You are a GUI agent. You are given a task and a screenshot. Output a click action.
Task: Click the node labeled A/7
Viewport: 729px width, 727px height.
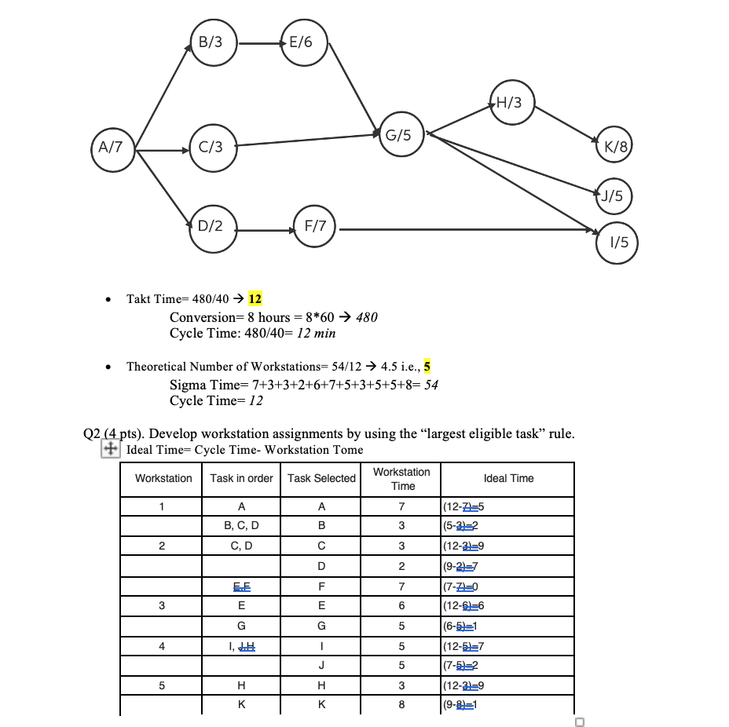pyautogui.click(x=113, y=150)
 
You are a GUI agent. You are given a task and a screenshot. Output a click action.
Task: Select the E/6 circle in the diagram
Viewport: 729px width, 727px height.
pyautogui.click(x=305, y=42)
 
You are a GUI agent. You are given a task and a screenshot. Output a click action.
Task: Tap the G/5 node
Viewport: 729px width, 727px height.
pyautogui.click(x=402, y=134)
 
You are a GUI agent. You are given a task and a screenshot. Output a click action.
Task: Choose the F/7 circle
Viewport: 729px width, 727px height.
pyautogui.click(x=315, y=226)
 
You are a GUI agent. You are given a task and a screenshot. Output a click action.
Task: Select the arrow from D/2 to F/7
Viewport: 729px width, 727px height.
pyautogui.click(x=266, y=230)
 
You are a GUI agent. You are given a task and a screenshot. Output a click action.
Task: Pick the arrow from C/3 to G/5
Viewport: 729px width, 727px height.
pyautogui.click(x=308, y=140)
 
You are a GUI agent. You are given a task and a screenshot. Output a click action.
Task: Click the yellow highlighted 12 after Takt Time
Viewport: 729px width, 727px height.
pyautogui.click(x=255, y=298)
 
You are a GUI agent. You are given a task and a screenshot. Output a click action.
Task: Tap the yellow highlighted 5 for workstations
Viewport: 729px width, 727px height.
pyautogui.click(x=427, y=366)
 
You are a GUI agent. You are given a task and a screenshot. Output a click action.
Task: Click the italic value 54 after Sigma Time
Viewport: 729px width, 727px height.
pyautogui.click(x=431, y=385)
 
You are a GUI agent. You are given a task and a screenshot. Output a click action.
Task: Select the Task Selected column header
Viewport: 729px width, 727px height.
pyautogui.click(x=321, y=478)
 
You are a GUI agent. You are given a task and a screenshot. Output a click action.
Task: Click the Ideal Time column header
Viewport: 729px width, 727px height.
pyautogui.click(x=508, y=478)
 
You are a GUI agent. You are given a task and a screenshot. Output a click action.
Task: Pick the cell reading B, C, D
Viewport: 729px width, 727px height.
pyautogui.click(x=241, y=525)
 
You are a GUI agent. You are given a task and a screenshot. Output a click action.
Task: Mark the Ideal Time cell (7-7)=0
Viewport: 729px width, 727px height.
pyautogui.click(x=460, y=586)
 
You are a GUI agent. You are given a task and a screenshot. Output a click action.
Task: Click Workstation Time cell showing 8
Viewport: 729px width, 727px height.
pyautogui.click(x=401, y=704)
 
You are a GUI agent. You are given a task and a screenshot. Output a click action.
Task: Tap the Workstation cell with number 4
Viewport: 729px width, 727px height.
pyautogui.click(x=162, y=646)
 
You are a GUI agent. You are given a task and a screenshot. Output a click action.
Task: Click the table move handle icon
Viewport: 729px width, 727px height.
pyautogui.click(x=111, y=449)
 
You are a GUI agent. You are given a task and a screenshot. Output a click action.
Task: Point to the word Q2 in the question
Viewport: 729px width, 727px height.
pyautogui.click(x=92, y=433)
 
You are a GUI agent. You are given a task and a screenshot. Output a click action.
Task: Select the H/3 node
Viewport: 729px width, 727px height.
pyautogui.click(x=512, y=102)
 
